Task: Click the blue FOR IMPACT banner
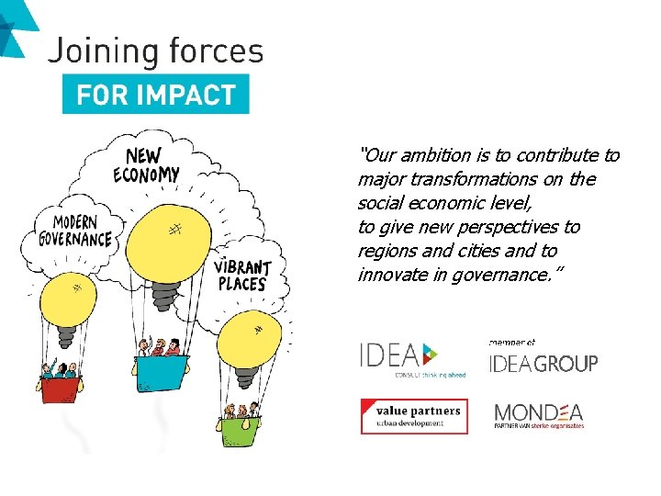pyautogui.click(x=155, y=95)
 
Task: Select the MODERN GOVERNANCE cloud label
pyautogui.click(x=75, y=231)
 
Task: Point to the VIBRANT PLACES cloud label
pyautogui.click(x=242, y=275)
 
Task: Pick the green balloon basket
pyautogui.click(x=241, y=429)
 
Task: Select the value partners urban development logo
pyautogui.click(x=414, y=416)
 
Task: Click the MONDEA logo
pyautogui.click(x=539, y=415)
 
